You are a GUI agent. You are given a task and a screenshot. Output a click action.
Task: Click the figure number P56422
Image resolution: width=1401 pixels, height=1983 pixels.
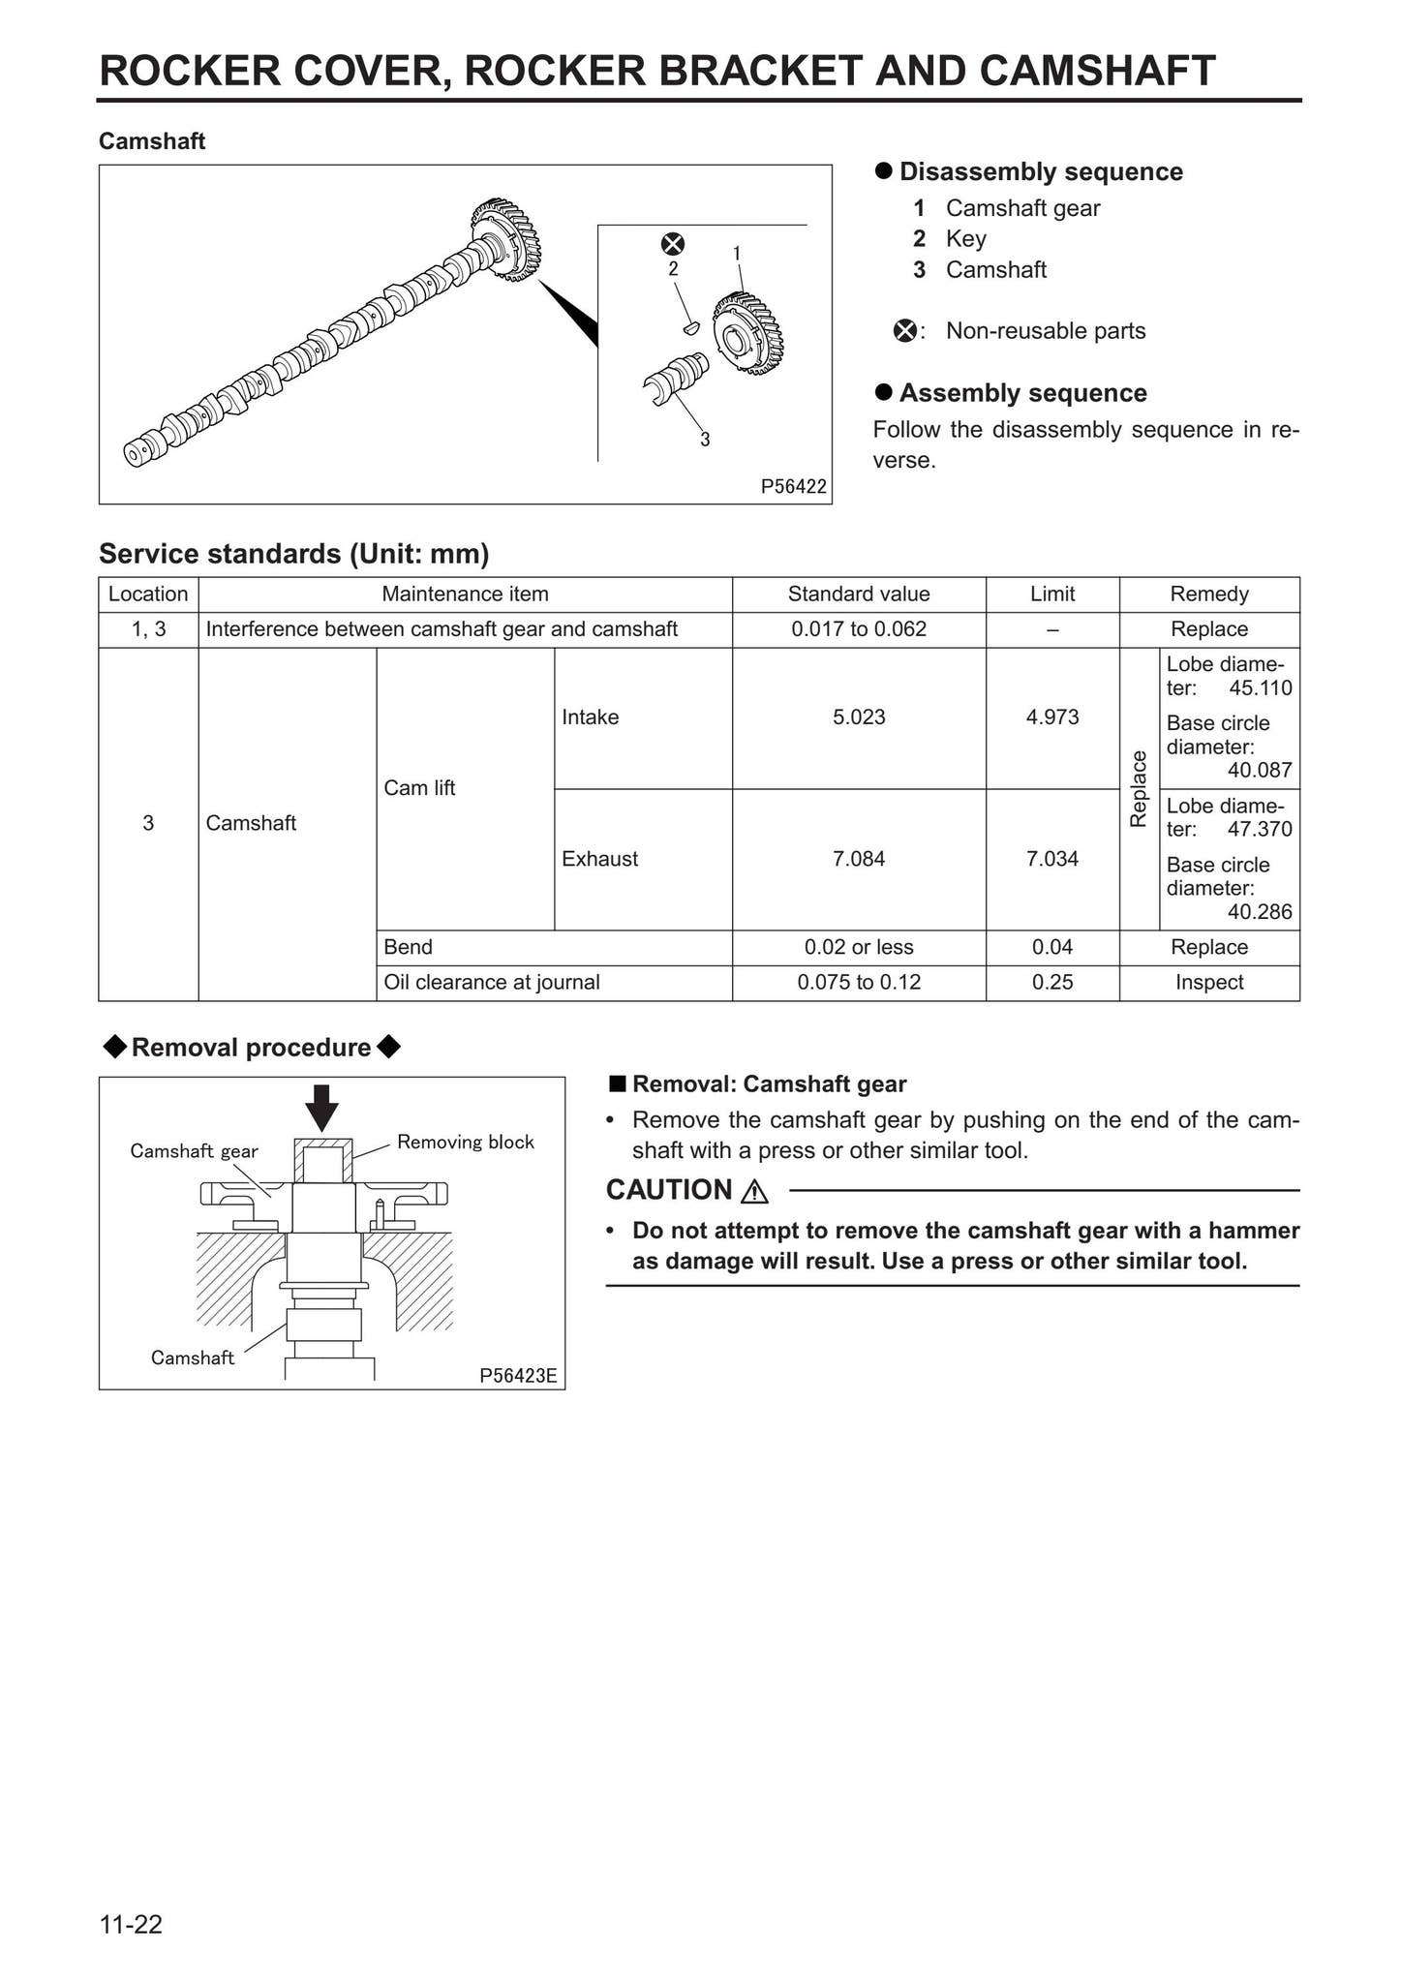click(x=793, y=486)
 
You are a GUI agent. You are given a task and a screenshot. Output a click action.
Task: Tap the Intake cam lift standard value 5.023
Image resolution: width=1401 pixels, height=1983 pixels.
click(x=858, y=717)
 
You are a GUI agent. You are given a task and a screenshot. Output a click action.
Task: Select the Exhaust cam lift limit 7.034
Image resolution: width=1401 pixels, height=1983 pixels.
click(x=1051, y=859)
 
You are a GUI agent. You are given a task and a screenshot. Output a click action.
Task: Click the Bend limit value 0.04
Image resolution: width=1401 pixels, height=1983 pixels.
click(x=1051, y=947)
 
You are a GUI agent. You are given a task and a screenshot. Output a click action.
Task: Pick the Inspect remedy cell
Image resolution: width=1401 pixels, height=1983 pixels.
click(x=1208, y=983)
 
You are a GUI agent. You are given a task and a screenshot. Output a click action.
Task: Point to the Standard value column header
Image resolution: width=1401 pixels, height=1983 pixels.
click(x=858, y=595)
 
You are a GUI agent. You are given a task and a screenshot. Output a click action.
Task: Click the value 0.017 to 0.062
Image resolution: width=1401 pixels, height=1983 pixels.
click(x=858, y=629)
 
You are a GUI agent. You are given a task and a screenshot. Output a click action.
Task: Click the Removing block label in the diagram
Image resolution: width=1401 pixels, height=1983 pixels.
click(x=465, y=1143)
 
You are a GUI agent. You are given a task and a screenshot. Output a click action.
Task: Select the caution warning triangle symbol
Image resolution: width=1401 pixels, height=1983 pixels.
click(x=753, y=1191)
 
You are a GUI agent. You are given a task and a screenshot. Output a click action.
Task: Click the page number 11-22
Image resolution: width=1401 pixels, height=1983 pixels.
click(x=131, y=1925)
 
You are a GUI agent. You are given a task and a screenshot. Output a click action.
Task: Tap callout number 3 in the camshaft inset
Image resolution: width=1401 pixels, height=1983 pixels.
click(x=705, y=440)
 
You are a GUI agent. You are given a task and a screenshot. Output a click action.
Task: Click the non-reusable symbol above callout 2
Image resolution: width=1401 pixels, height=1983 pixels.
click(x=672, y=244)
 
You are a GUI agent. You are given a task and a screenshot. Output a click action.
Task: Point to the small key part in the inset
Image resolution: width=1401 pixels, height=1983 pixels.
click(x=690, y=327)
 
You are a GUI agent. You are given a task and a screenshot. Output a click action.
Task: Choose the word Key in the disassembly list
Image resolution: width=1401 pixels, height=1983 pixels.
click(x=965, y=239)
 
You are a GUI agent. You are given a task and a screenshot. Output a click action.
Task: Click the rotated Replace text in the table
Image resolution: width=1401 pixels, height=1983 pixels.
click(x=1139, y=789)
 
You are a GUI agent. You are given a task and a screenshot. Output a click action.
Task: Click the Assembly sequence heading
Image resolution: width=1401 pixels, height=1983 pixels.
click(x=1021, y=393)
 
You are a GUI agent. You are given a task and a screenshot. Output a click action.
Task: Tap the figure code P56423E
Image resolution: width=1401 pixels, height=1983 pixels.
click(x=518, y=1375)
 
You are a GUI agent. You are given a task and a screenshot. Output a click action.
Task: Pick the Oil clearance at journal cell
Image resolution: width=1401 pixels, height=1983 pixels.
click(x=492, y=983)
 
